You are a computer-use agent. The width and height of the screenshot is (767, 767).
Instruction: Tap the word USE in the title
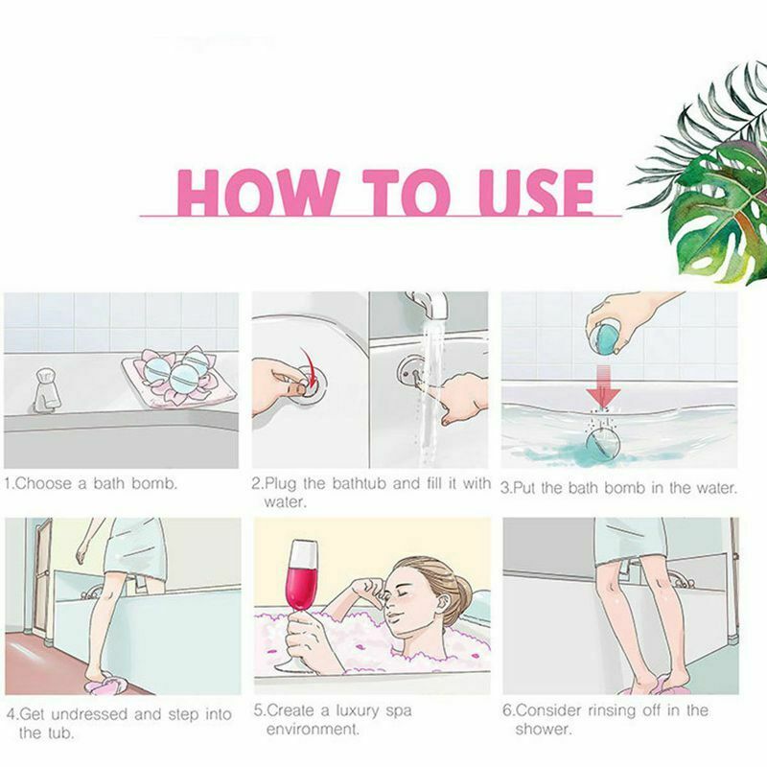[537, 193]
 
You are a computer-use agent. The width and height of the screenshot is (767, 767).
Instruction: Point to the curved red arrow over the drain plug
[309, 366]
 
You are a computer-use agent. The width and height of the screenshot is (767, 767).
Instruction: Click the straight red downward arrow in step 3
[604, 389]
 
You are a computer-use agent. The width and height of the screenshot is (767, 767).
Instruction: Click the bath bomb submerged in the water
[603, 444]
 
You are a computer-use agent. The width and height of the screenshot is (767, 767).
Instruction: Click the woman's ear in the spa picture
[434, 611]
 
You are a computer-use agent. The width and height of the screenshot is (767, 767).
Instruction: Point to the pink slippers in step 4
[105, 684]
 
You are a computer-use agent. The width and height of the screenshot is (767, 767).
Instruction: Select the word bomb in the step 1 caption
[154, 484]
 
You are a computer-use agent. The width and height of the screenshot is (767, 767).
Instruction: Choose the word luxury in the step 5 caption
[351, 710]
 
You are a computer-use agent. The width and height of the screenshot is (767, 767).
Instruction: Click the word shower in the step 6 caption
[543, 730]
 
